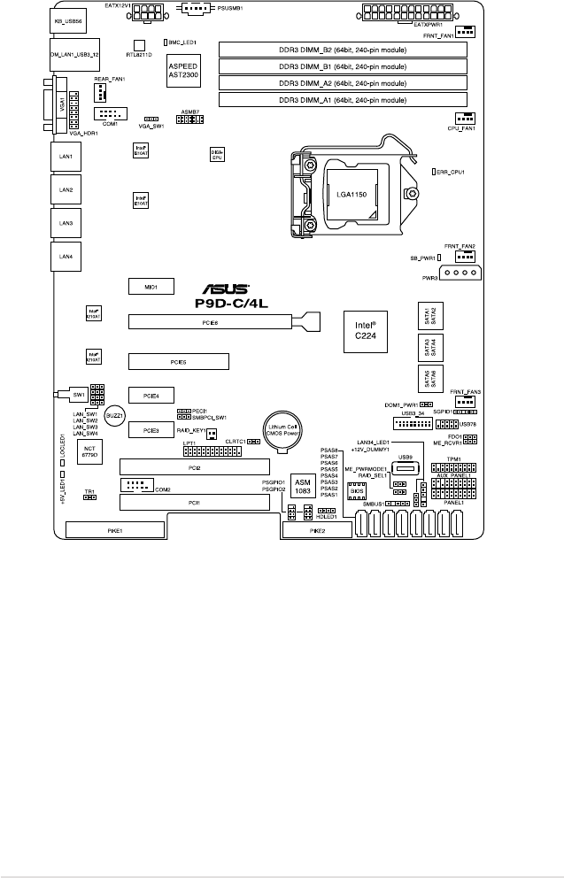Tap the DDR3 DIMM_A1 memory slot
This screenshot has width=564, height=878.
coord(343,99)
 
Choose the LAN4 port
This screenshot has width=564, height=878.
coord(66,257)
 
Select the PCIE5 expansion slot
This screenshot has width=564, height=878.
coord(178,361)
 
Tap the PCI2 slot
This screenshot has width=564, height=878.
coord(196,466)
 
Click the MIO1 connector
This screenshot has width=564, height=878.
coord(150,287)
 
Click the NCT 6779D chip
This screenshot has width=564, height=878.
coord(89,451)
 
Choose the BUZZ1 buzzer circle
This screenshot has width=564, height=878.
coord(113,414)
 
